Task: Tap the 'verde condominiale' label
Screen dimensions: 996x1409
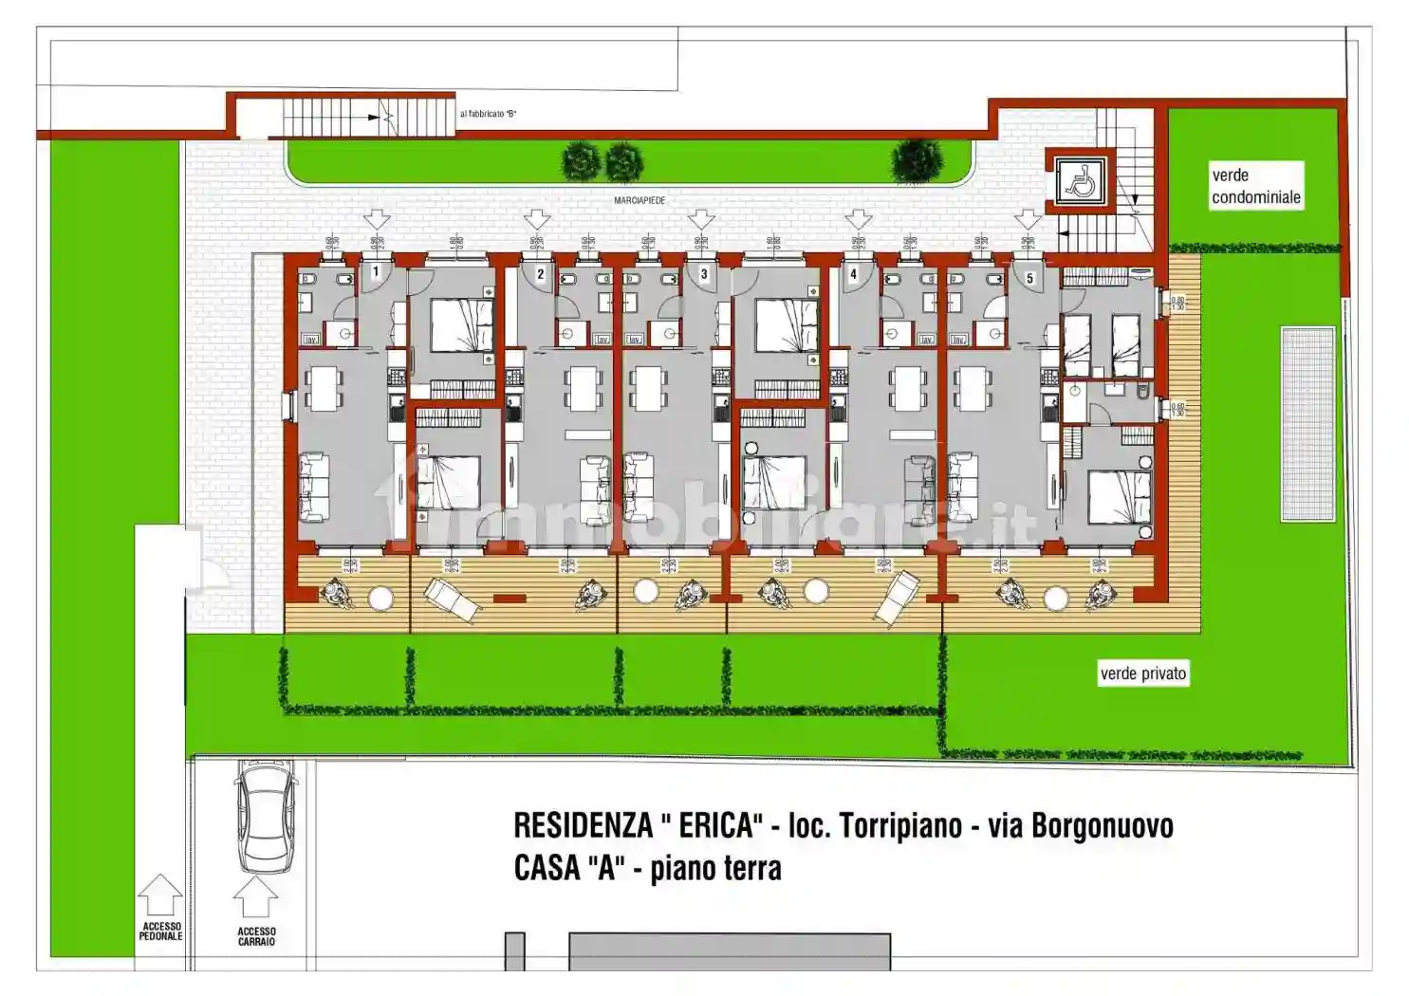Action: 1255,186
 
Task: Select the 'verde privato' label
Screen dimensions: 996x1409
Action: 1142,673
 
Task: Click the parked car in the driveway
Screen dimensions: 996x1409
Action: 265,816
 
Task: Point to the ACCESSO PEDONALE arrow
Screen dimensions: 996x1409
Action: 160,895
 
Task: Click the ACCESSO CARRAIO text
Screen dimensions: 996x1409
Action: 256,936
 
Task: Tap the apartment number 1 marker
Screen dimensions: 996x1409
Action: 376,272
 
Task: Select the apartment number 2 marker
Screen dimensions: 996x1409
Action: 540,274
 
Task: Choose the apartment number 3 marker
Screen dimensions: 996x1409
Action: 703,274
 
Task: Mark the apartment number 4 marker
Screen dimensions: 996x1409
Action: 853,274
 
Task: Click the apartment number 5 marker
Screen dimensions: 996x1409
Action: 1029,278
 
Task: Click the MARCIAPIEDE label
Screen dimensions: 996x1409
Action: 640,201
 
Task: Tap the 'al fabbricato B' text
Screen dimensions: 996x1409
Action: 488,114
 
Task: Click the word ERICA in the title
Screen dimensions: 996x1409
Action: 717,826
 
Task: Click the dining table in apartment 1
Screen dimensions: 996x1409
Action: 325,388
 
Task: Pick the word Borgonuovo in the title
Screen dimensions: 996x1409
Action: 1102,826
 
